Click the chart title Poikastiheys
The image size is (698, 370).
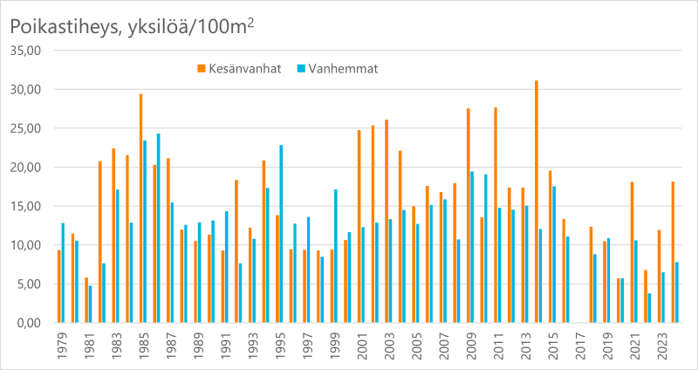tap(131, 27)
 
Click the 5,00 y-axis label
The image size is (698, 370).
tap(30, 284)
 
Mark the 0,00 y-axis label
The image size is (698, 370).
tap(30, 323)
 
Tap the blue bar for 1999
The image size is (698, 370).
tap(335, 257)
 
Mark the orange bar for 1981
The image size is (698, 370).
tap(86, 300)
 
